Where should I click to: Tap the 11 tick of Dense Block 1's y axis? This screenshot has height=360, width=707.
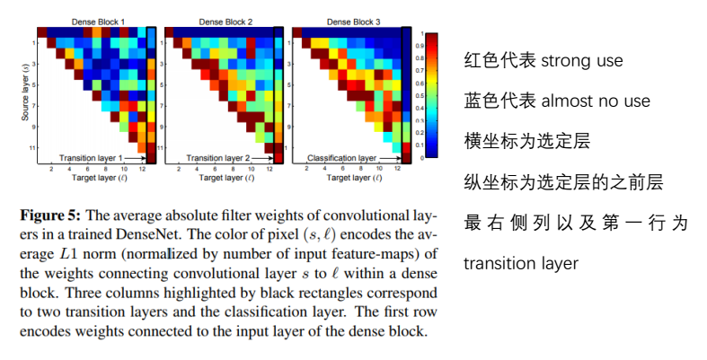click(34, 145)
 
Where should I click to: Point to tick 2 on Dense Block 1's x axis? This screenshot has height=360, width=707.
click(51, 170)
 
